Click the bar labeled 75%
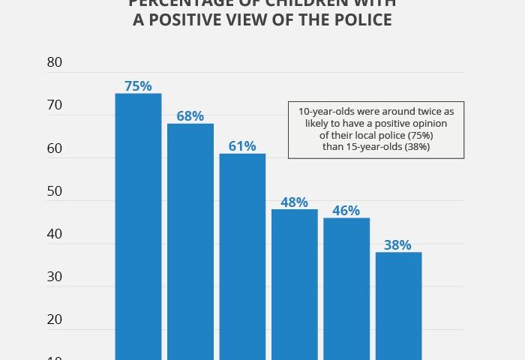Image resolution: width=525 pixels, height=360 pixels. tap(138, 225)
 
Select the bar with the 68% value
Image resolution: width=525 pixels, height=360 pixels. tap(190, 240)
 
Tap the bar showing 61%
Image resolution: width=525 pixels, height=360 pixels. tap(242, 255)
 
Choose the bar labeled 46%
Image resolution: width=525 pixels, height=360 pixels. tap(346, 288)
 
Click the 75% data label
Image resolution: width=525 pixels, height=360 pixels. tap(138, 85)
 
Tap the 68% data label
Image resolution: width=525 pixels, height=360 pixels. tap(190, 116)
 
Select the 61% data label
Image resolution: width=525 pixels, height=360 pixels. tap(242, 145)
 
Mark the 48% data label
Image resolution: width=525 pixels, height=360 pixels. tap(295, 202)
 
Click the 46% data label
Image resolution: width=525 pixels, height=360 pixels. tap(346, 210)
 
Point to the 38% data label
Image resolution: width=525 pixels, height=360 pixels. tap(399, 244)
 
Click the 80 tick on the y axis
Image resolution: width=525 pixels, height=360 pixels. tap(54, 63)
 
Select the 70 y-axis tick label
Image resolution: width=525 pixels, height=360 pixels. tap(54, 106)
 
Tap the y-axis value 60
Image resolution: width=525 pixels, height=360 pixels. tap(54, 148)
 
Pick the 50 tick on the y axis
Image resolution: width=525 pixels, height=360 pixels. tap(54, 191)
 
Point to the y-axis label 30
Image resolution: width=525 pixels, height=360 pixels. tap(54, 277)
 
